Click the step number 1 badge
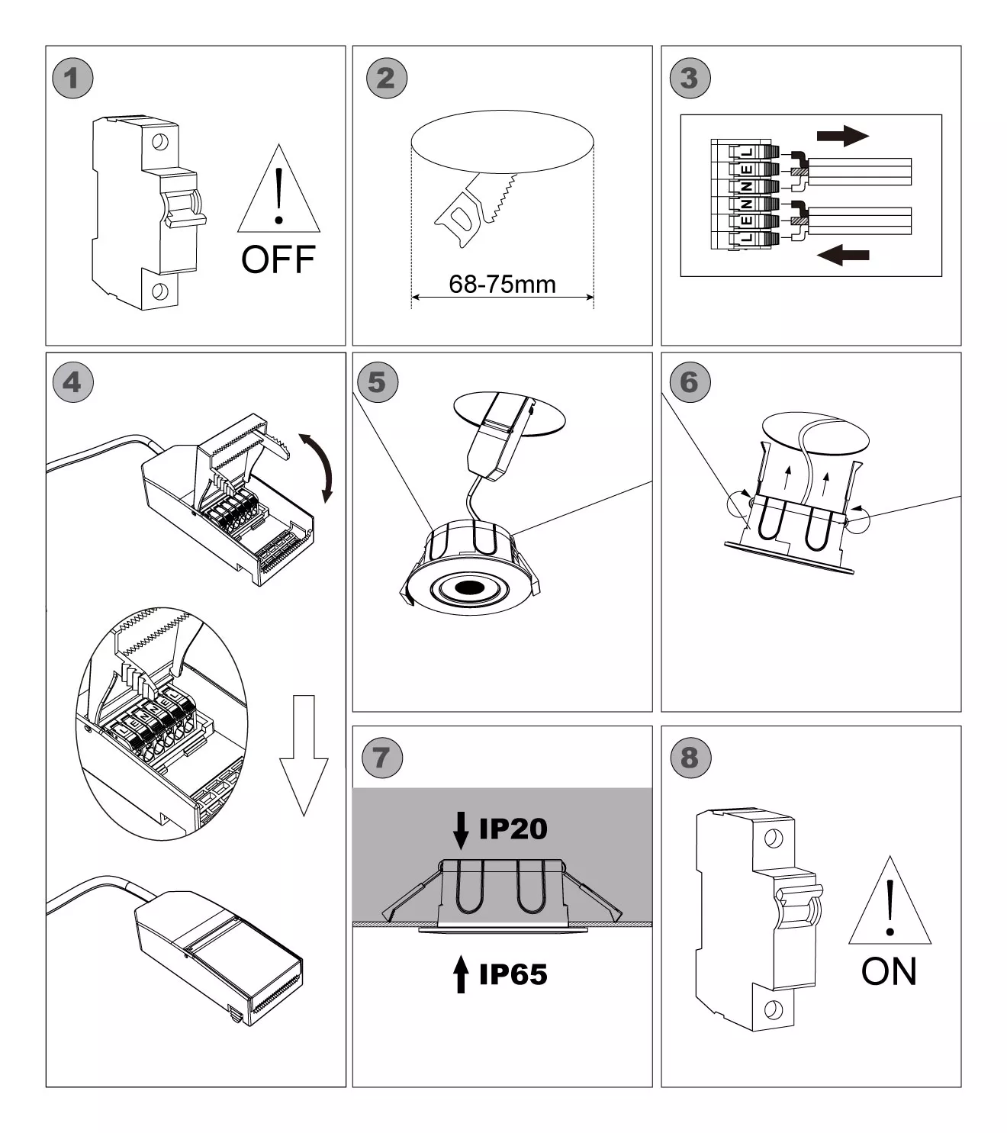[x=72, y=78]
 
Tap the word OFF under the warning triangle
[x=278, y=260]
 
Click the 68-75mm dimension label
[x=502, y=285]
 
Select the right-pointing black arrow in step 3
[x=842, y=137]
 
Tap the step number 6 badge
[x=689, y=382]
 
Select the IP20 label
[x=513, y=829]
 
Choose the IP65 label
[x=513, y=974]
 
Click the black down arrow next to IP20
[x=461, y=830]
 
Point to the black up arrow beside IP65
[x=461, y=974]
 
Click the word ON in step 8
[x=889, y=971]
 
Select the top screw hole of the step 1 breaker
[x=159, y=141]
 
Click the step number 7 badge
[x=381, y=758]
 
